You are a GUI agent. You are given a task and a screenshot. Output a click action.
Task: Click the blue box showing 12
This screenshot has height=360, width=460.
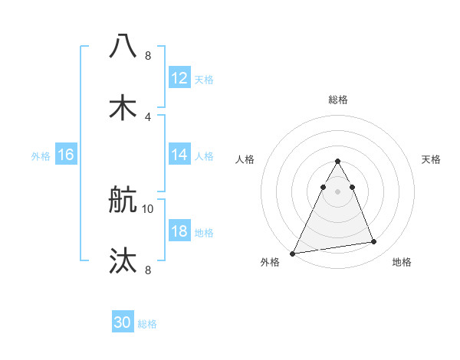(179, 78)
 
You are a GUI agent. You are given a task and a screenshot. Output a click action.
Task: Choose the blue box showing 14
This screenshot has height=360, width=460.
(179, 155)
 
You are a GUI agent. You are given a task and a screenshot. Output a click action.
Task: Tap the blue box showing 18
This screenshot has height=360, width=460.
(179, 231)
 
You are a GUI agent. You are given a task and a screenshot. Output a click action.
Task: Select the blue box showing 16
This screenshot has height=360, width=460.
(65, 155)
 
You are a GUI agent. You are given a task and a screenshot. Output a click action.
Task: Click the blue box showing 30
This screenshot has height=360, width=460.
(123, 322)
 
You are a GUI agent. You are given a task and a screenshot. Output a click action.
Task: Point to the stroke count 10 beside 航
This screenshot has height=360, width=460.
(148, 208)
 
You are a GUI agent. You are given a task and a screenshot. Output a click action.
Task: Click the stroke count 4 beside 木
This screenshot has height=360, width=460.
(148, 116)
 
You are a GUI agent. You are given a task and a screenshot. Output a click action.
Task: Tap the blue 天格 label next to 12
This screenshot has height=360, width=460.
(204, 79)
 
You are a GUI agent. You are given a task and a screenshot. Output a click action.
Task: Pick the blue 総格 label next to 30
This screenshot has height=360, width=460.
(147, 323)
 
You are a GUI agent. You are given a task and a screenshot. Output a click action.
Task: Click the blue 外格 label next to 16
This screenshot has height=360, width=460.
(41, 155)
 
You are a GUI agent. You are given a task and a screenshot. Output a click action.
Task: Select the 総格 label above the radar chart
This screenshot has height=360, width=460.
(338, 100)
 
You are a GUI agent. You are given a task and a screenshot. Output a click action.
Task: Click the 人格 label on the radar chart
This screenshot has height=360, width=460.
(245, 159)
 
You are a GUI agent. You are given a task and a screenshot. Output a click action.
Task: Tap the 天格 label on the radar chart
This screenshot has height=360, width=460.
(431, 159)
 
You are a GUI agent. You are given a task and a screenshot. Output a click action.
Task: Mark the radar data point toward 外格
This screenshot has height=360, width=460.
(293, 253)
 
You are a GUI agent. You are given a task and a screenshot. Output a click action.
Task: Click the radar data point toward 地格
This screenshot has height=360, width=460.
(374, 242)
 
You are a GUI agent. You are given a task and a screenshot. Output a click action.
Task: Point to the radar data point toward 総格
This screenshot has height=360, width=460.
(338, 162)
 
